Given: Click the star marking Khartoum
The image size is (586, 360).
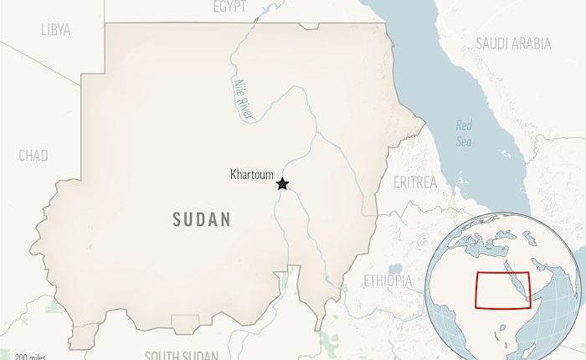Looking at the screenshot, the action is [283, 183].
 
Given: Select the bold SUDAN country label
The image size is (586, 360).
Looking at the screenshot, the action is [201, 219].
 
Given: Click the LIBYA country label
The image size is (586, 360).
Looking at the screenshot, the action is [55, 30].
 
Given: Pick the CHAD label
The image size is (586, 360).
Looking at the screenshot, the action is [33, 156].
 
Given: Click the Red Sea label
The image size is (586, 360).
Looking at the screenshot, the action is [464, 133].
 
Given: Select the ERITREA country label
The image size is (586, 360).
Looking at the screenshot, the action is [414, 182].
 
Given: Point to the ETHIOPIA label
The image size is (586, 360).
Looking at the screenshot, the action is [388, 280].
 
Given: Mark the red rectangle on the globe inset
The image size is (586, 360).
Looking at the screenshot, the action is [503, 291].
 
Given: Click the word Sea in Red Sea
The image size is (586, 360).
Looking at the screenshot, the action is [464, 141].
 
